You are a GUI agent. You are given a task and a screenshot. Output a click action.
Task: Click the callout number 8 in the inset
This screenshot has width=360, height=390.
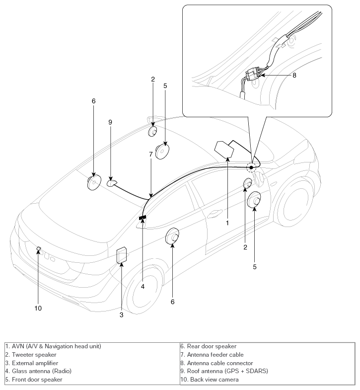[x=294, y=75]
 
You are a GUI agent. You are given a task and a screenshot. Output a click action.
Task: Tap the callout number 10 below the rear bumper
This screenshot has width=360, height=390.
[x=38, y=308]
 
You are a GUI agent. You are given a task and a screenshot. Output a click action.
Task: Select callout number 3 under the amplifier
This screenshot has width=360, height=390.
[x=121, y=315]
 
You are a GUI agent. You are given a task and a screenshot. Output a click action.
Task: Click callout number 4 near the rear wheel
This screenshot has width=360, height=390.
[x=143, y=287]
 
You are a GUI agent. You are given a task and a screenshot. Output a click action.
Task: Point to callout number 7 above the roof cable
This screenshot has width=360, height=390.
[x=150, y=154]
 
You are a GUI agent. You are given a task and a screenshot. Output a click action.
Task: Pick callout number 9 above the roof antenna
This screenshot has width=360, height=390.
[x=110, y=122]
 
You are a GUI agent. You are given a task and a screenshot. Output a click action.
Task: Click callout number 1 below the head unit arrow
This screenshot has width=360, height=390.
[x=227, y=223]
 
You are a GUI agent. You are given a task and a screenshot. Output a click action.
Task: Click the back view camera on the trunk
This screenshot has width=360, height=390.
[x=39, y=248]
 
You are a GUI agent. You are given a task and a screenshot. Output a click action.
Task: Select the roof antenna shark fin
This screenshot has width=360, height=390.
[x=112, y=183]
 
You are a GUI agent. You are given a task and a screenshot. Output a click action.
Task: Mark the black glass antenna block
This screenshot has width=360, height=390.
[x=143, y=218]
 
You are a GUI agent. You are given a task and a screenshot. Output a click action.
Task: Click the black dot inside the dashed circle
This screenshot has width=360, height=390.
[x=251, y=167]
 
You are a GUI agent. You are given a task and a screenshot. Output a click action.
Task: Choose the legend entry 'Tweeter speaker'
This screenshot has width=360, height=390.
[x=34, y=355]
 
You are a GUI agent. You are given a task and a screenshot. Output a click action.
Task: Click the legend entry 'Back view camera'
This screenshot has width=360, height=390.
[x=215, y=380]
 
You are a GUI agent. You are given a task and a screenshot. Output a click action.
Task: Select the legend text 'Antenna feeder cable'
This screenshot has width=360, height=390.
[x=216, y=355]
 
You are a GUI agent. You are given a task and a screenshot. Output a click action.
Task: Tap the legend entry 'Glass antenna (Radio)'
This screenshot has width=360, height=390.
[x=42, y=371]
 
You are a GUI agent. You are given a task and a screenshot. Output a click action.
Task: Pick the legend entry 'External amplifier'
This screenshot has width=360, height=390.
[x=35, y=363]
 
